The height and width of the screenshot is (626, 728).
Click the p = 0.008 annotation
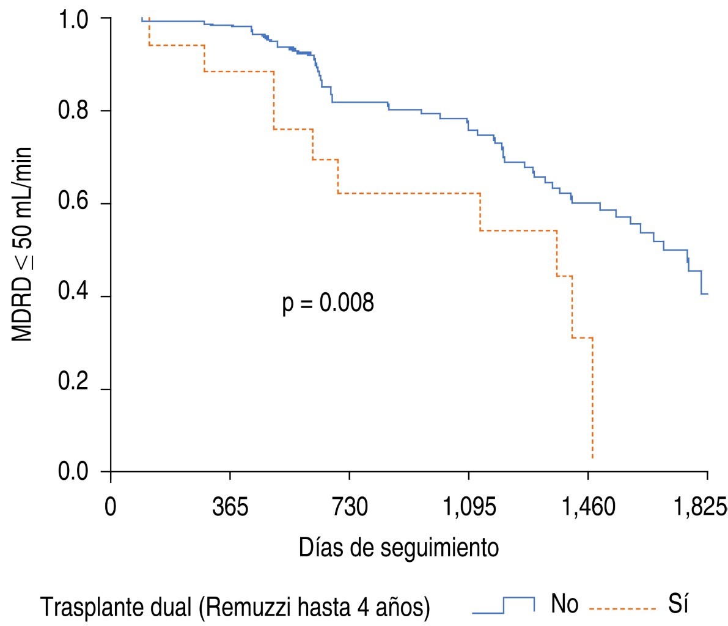pos(328,303)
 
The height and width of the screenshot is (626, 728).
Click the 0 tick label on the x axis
pos(111,507)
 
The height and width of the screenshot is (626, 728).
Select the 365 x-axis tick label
pos(230,507)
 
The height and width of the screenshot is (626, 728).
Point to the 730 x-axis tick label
pos(349,507)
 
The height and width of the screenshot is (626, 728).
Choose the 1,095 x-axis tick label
pos(468,507)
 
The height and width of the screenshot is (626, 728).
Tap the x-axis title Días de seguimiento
pos(399,547)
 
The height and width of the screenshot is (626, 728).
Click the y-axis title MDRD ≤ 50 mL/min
pos(23,245)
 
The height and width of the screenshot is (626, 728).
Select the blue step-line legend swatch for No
pos(504,605)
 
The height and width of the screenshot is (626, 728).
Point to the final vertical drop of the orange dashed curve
pos(592,397)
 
